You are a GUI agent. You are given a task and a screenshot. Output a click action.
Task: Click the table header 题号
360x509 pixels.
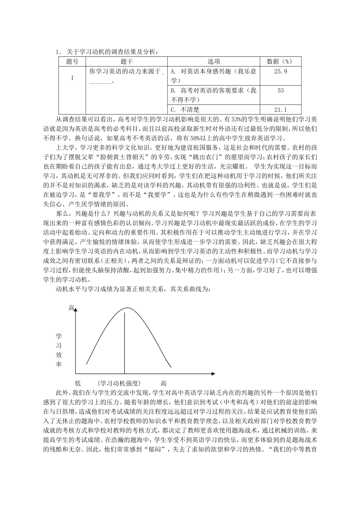[72, 62]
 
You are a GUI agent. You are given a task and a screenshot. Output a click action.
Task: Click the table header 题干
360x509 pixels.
[127, 62]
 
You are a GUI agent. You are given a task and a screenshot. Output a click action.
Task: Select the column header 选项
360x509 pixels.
[214, 62]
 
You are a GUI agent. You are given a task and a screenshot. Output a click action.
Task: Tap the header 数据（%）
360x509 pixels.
[280, 62]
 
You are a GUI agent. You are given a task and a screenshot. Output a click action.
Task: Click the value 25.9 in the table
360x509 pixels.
[280, 71]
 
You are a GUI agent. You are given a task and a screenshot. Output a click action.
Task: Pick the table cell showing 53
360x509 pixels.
[280, 91]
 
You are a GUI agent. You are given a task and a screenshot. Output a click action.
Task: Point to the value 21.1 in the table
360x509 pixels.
[280, 109]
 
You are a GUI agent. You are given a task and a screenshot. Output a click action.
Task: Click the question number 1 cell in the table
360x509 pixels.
[72, 78]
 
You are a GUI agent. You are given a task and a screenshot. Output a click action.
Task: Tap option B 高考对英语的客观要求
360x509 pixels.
[214, 95]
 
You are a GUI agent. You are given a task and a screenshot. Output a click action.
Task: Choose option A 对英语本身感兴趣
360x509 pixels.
[214, 76]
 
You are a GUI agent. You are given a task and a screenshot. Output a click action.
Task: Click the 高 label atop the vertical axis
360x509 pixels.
[71, 308]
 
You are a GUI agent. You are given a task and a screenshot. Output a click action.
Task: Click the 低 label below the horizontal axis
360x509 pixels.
[78, 383]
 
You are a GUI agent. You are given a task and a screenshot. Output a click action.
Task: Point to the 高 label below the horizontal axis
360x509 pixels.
[163, 383]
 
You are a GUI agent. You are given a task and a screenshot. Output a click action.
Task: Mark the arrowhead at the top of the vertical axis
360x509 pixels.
[76, 310]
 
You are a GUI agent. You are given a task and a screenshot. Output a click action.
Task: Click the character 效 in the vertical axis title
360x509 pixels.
[59, 355]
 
